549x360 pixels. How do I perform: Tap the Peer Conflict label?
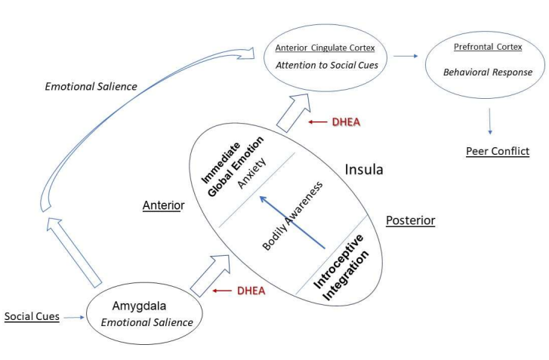coord(497,151)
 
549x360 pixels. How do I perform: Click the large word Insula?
coord(364,169)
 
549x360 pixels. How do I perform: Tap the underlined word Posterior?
coord(410,220)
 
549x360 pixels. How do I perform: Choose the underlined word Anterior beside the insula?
coord(163,205)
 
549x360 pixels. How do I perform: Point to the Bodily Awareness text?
coord(288,216)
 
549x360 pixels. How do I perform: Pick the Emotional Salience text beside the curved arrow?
coord(91,86)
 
